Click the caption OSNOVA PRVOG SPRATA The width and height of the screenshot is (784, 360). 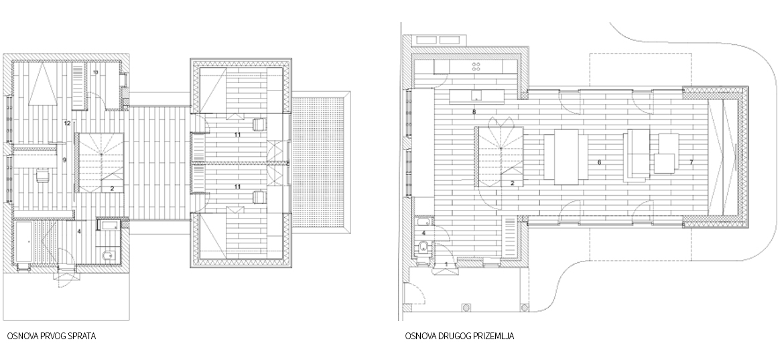click(x=52, y=336)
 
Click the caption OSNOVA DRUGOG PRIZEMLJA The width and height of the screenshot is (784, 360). click(x=460, y=336)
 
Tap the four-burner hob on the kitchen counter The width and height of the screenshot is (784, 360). click(x=476, y=66)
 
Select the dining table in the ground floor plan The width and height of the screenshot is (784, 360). click(x=566, y=157)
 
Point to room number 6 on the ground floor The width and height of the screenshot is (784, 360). click(x=599, y=162)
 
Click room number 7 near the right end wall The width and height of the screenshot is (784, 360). click(x=691, y=162)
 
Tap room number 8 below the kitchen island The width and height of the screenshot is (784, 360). click(x=474, y=112)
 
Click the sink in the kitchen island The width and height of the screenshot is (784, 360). click(x=476, y=95)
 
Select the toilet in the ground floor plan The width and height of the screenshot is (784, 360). click(x=423, y=247)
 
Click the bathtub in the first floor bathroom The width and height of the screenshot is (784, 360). click(x=24, y=242)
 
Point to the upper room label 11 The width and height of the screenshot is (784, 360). click(x=237, y=135)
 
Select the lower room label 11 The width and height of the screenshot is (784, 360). click(x=237, y=186)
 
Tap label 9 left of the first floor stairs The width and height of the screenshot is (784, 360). click(x=64, y=160)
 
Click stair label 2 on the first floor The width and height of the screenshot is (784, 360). click(x=113, y=188)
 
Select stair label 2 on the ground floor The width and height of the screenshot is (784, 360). click(x=513, y=184)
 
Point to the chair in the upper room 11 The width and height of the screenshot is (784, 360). click(x=259, y=125)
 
